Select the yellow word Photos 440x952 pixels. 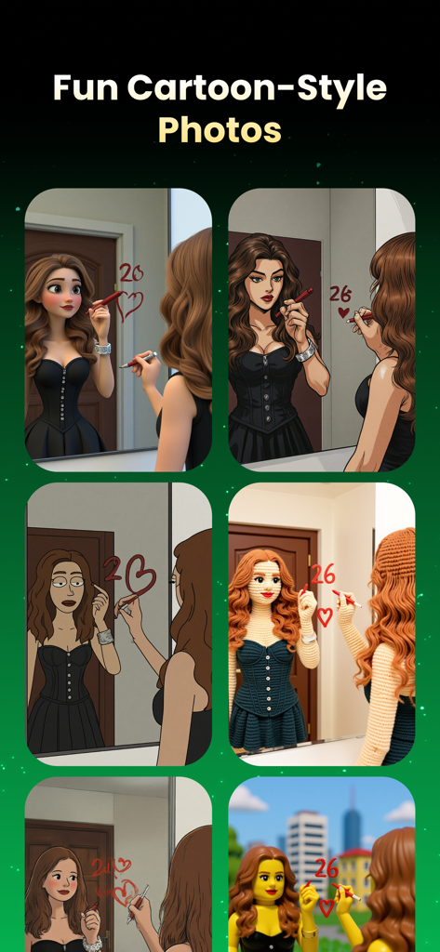[220, 129]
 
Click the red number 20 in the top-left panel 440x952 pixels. [131, 273]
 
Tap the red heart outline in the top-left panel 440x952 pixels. [130, 304]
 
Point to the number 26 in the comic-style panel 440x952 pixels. [340, 294]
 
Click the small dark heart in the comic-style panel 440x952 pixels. [343, 313]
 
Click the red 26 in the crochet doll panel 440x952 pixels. [322, 575]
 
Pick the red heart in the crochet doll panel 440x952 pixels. [324, 615]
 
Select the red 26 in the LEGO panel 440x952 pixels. [326, 868]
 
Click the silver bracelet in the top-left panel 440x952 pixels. [102, 349]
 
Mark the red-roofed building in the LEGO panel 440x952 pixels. [355, 865]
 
